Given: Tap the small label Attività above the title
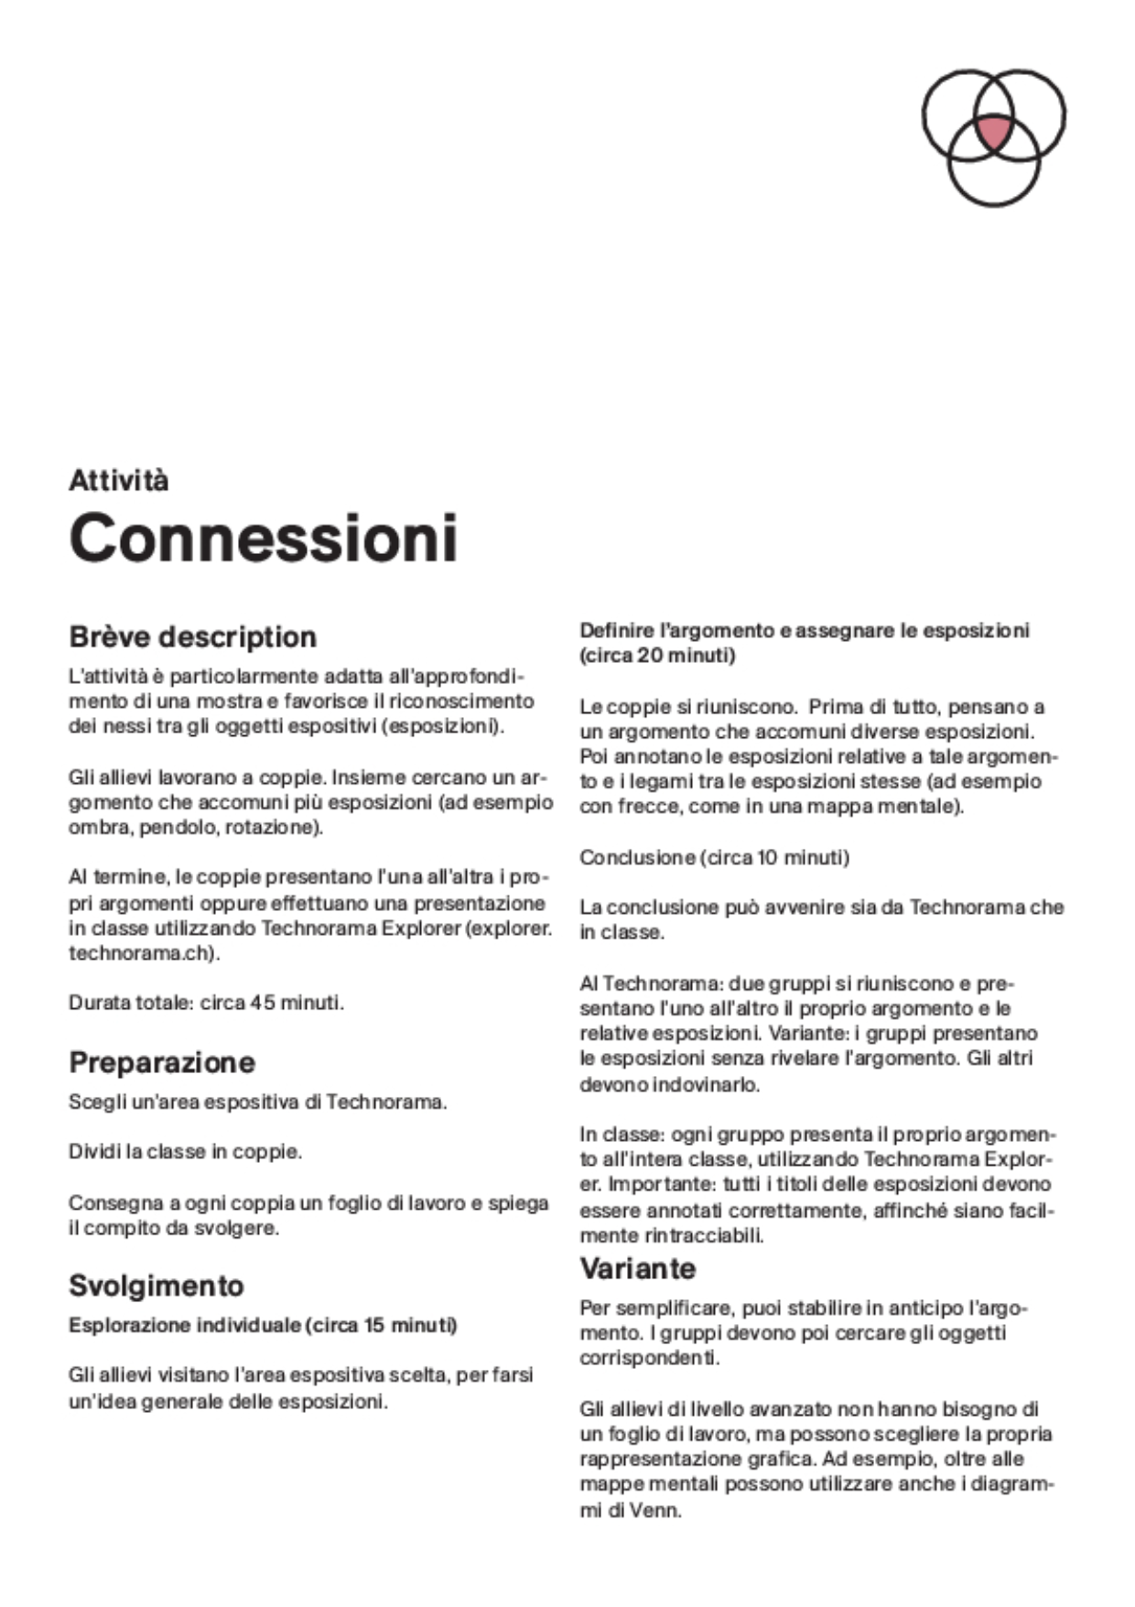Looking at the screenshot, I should [x=118, y=481].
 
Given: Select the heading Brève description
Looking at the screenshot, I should [x=192, y=636].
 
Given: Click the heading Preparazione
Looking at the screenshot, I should [x=162, y=1062].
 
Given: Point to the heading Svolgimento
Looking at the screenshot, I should [x=156, y=1286].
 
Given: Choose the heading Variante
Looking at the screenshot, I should [x=637, y=1268].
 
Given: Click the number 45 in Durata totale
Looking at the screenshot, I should [x=263, y=1003].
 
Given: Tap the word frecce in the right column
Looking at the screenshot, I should [x=647, y=807].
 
